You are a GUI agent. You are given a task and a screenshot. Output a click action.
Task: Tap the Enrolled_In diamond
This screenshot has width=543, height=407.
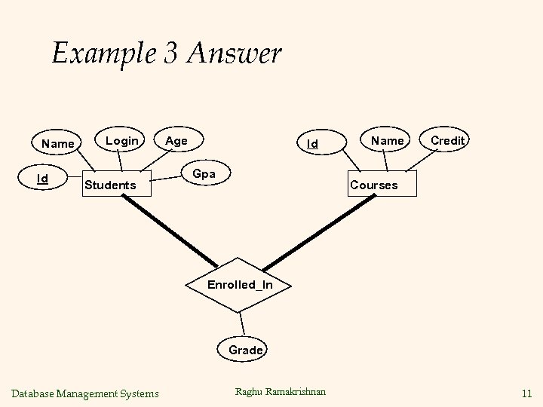coord(241,285)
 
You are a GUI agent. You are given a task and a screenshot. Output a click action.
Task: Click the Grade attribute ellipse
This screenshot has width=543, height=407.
coord(246,350)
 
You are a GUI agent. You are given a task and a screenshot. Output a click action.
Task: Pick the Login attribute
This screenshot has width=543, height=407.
coord(121,141)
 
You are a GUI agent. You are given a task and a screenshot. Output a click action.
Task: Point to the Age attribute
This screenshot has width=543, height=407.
coord(176,141)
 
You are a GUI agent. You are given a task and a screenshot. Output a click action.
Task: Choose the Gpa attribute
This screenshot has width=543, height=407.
coord(204,174)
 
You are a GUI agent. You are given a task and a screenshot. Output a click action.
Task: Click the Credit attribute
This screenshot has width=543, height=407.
coord(448,141)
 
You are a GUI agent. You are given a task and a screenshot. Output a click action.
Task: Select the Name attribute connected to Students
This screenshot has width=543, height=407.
coord(58,143)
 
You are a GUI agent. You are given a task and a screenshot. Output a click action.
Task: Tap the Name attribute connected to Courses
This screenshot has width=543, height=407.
coord(387,141)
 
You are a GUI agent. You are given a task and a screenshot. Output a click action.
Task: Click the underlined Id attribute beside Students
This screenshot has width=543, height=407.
coord(44,179)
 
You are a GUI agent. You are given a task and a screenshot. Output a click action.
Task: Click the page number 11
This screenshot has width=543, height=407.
coord(526,393)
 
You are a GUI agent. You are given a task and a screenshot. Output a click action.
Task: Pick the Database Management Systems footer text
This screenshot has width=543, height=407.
coord(85,393)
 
